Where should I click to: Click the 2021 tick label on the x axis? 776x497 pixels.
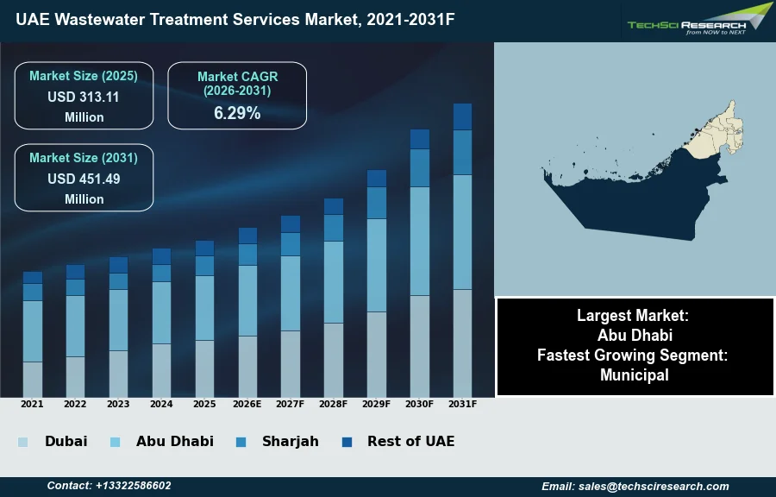tap(32, 404)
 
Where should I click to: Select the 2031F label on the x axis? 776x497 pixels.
tap(462, 404)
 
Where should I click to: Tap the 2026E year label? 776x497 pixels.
tap(247, 404)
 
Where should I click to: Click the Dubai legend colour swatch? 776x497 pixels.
tap(23, 442)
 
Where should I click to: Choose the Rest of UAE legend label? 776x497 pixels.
tap(410, 442)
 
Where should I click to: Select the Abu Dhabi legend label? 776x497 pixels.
tap(174, 442)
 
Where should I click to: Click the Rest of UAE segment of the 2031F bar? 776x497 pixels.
tap(462, 116)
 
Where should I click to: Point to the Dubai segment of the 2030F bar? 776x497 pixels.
tap(419, 346)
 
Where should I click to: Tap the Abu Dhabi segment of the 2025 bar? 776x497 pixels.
tap(204, 308)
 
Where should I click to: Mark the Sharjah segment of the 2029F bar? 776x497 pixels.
tap(376, 203)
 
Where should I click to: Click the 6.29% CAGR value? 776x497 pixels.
tap(237, 113)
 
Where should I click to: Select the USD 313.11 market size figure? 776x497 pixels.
tap(84, 98)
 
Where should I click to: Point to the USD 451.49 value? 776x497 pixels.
tap(84, 179)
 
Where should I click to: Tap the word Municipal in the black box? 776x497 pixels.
tap(635, 375)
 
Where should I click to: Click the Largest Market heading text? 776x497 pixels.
tap(635, 316)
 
